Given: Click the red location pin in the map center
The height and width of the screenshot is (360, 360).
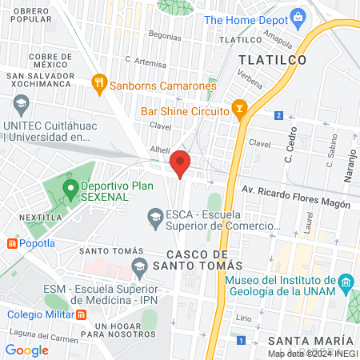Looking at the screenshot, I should coord(181,163).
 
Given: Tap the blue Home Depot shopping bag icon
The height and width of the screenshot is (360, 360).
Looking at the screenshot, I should coord(298,17).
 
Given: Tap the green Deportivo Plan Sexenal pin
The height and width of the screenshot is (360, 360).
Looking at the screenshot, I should coord(70,189).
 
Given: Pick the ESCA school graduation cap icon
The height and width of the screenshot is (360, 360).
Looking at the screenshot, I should coord(154,216).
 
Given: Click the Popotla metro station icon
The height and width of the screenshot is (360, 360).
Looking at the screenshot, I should coord(13,243).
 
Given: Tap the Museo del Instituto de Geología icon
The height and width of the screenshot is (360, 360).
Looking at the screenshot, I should coord(346,281).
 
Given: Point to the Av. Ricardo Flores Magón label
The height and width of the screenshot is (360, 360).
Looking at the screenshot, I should coord(296,198).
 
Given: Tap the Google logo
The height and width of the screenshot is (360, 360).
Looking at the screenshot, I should coord(27,350).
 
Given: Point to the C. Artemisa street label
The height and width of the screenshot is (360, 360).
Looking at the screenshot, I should coord(146,60).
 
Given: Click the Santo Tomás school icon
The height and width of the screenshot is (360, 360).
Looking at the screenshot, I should coord(140,265).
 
